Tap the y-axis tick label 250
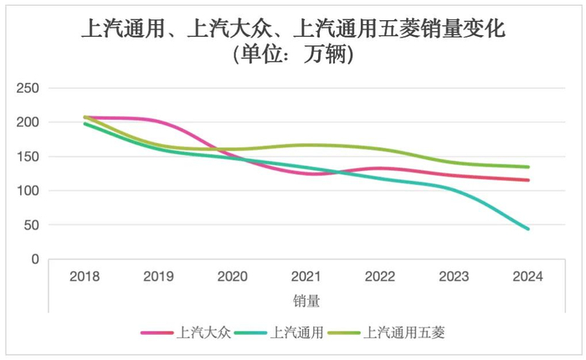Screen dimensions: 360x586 [29, 88]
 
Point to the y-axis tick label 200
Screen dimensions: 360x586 [29, 122]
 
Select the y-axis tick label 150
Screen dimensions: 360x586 [29, 157]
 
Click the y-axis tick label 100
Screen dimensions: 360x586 [29, 191]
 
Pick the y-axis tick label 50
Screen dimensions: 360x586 [33, 225]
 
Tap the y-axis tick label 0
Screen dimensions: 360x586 [36, 260]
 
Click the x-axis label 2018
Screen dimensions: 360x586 [85, 276]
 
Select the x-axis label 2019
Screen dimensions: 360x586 [158, 276]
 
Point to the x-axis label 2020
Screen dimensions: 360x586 [232, 276]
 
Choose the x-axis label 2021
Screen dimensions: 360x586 [306, 276]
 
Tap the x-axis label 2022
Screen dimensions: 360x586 [380, 276]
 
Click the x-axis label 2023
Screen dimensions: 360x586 [454, 276]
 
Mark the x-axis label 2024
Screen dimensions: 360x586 [527, 276]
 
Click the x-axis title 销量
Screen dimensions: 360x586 [306, 299]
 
